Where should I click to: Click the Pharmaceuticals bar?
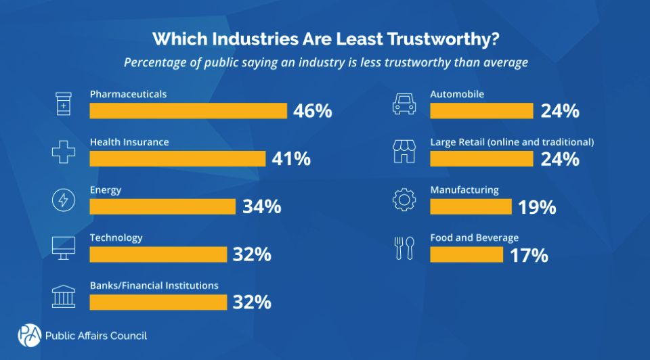coord(188,111)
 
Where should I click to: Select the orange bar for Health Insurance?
coord(177,158)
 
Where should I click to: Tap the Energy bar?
coord(162,206)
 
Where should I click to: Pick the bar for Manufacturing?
coord(471,206)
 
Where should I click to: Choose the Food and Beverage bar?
coord(467,254)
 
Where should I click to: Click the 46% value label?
coord(313,111)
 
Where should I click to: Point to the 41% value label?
coord(291,159)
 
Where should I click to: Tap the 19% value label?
coord(538,207)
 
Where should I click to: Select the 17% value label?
coord(529,255)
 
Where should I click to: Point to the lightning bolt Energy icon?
coord(62,200)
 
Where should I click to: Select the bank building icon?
coord(62,296)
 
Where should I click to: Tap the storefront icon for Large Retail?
coord(403,152)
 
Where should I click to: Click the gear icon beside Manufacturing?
coord(403,200)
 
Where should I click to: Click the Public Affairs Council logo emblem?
coord(28,335)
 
